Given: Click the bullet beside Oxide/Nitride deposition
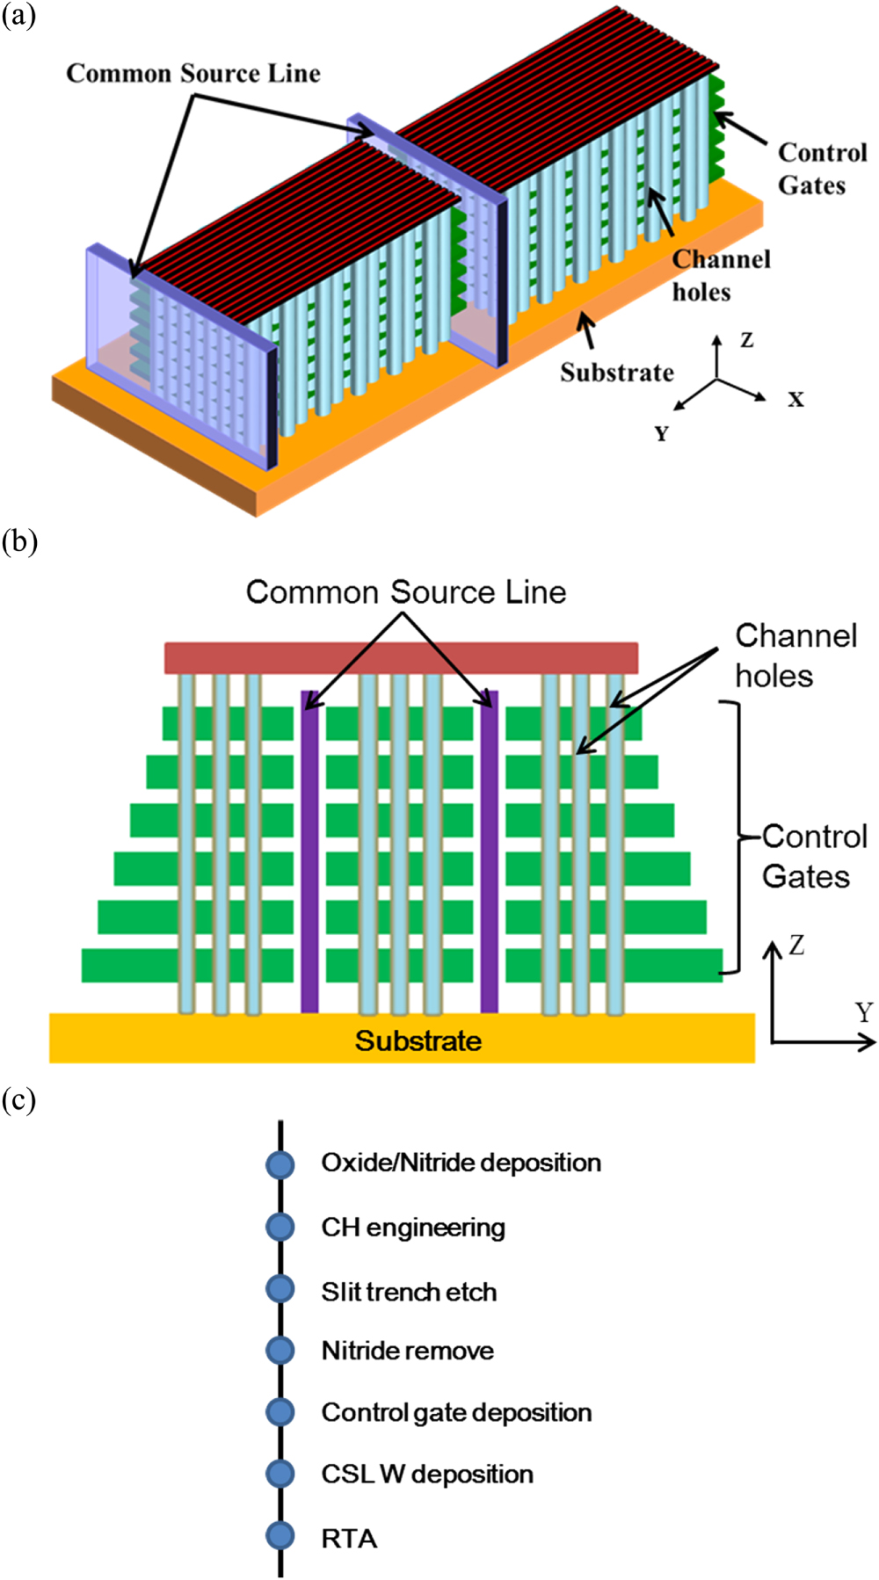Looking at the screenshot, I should [280, 1163].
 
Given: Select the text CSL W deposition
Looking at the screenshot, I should [426, 1474].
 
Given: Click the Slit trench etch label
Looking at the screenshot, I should [409, 1292].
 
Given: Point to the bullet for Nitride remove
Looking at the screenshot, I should [280, 1350].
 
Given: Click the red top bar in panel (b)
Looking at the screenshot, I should [401, 658].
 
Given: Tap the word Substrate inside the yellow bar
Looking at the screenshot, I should [418, 1040].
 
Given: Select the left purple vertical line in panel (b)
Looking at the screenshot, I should [309, 852].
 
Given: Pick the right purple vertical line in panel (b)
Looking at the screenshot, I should [490, 852].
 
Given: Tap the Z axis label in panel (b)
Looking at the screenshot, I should [796, 946].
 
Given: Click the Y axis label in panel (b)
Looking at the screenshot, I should [863, 1012].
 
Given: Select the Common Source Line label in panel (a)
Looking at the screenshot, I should [193, 74].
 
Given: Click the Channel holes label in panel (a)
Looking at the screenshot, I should [721, 275].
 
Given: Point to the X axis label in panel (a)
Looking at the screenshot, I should [795, 400].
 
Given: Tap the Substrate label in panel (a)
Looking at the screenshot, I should [617, 373].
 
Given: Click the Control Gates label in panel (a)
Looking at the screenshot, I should [821, 169].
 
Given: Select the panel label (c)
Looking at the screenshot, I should [18, 1099].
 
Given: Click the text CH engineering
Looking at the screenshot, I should [412, 1228].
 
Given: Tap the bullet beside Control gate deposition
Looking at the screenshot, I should [280, 1411].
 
